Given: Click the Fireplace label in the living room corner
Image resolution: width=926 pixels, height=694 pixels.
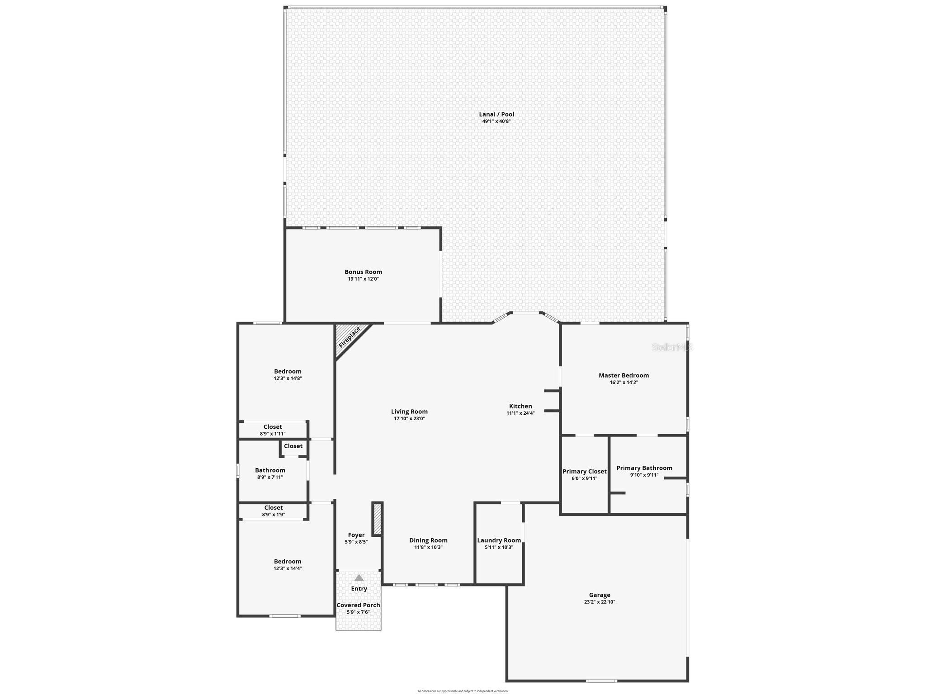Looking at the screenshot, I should (x=349, y=337).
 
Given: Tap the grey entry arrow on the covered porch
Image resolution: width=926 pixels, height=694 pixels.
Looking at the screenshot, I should (x=359, y=578).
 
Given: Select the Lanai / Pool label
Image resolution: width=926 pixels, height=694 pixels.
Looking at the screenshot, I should (x=496, y=114).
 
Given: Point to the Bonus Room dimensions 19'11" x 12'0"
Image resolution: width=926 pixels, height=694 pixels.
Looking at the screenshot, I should (x=363, y=279).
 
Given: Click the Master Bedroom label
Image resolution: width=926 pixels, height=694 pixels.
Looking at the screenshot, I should (x=624, y=375).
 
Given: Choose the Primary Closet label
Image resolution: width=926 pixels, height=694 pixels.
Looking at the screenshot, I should (x=584, y=471).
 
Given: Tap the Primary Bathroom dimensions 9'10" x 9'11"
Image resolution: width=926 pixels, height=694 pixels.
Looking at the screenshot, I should (x=644, y=475).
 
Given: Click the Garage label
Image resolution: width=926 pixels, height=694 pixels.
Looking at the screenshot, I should (x=600, y=595).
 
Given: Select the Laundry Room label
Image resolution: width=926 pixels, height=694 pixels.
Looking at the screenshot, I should (x=499, y=540).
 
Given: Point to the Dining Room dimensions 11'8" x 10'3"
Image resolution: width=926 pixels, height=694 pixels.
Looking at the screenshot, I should (x=428, y=547).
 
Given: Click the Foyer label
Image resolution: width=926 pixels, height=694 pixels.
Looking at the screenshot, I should (x=356, y=535).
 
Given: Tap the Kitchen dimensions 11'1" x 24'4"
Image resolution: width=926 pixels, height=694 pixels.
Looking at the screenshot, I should (x=520, y=413).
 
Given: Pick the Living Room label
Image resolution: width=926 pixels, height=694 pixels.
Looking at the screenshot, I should (x=409, y=412).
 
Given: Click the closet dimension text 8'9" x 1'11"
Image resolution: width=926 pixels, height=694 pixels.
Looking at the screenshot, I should (x=273, y=434).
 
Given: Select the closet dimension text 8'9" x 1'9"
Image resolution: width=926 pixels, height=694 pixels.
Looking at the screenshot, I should (x=274, y=515).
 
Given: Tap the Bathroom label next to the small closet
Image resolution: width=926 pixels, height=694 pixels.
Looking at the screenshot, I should (x=270, y=470).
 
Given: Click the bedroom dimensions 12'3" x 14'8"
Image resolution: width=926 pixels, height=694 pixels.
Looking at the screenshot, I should (x=288, y=379).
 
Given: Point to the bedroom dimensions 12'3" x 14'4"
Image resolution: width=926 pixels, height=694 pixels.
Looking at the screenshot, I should (x=288, y=568).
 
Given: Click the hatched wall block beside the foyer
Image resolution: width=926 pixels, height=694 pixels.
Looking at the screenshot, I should (x=378, y=518).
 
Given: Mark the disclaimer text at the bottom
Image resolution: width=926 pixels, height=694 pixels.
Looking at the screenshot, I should (x=463, y=691).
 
